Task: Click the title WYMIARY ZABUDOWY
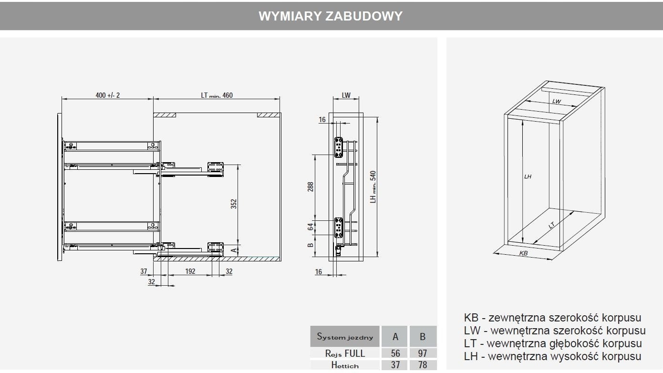coord(331,16)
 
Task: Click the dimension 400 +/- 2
coord(108,95)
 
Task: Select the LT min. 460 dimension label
coord(217,95)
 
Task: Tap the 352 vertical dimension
coord(234,204)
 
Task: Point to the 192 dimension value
coord(190,271)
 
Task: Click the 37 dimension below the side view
coord(144,271)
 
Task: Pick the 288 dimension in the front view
coord(310,186)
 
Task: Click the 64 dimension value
coord(310,227)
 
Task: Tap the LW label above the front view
coord(346,95)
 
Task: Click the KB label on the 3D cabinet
coord(523,253)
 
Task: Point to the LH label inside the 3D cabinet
coord(528,177)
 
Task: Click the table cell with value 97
coord(422,353)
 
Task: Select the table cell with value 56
coord(395,353)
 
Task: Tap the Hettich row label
coord(345,365)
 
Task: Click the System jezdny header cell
coord(345,337)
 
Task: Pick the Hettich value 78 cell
coord(422,365)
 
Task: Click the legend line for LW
coord(554,331)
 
